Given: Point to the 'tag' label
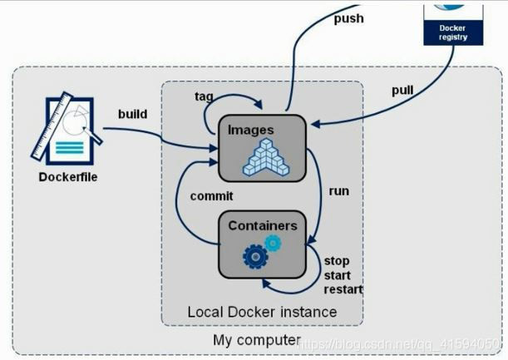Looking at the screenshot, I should point(205,96).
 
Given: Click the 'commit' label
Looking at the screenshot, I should point(212,196).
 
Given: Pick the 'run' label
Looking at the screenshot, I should point(338,191).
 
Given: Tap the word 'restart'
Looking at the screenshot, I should point(342,290).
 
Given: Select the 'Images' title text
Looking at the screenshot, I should point(250,130).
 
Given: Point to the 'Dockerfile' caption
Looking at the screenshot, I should point(68,177).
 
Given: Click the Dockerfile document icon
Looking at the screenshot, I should point(66,131).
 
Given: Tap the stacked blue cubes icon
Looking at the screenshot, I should point(266,157).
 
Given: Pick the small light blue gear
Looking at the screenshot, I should point(273,243).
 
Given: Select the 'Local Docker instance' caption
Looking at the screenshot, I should point(262,312).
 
